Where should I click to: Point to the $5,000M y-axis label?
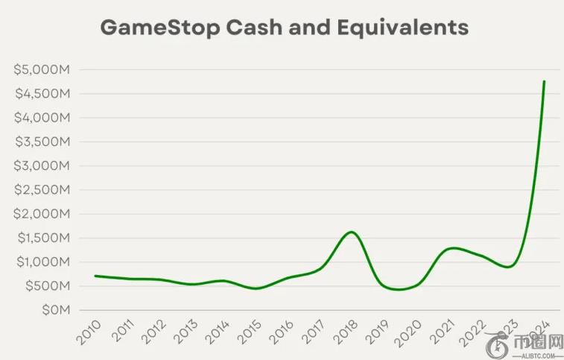point(42,70)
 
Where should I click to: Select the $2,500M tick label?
point(42,190)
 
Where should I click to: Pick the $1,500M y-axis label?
point(42,239)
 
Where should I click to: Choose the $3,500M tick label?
point(42,142)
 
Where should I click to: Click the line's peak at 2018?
point(352,232)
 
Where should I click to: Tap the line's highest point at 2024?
point(544,81)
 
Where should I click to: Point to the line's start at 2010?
point(96,276)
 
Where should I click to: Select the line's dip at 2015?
point(256,288)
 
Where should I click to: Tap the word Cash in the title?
point(245,28)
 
